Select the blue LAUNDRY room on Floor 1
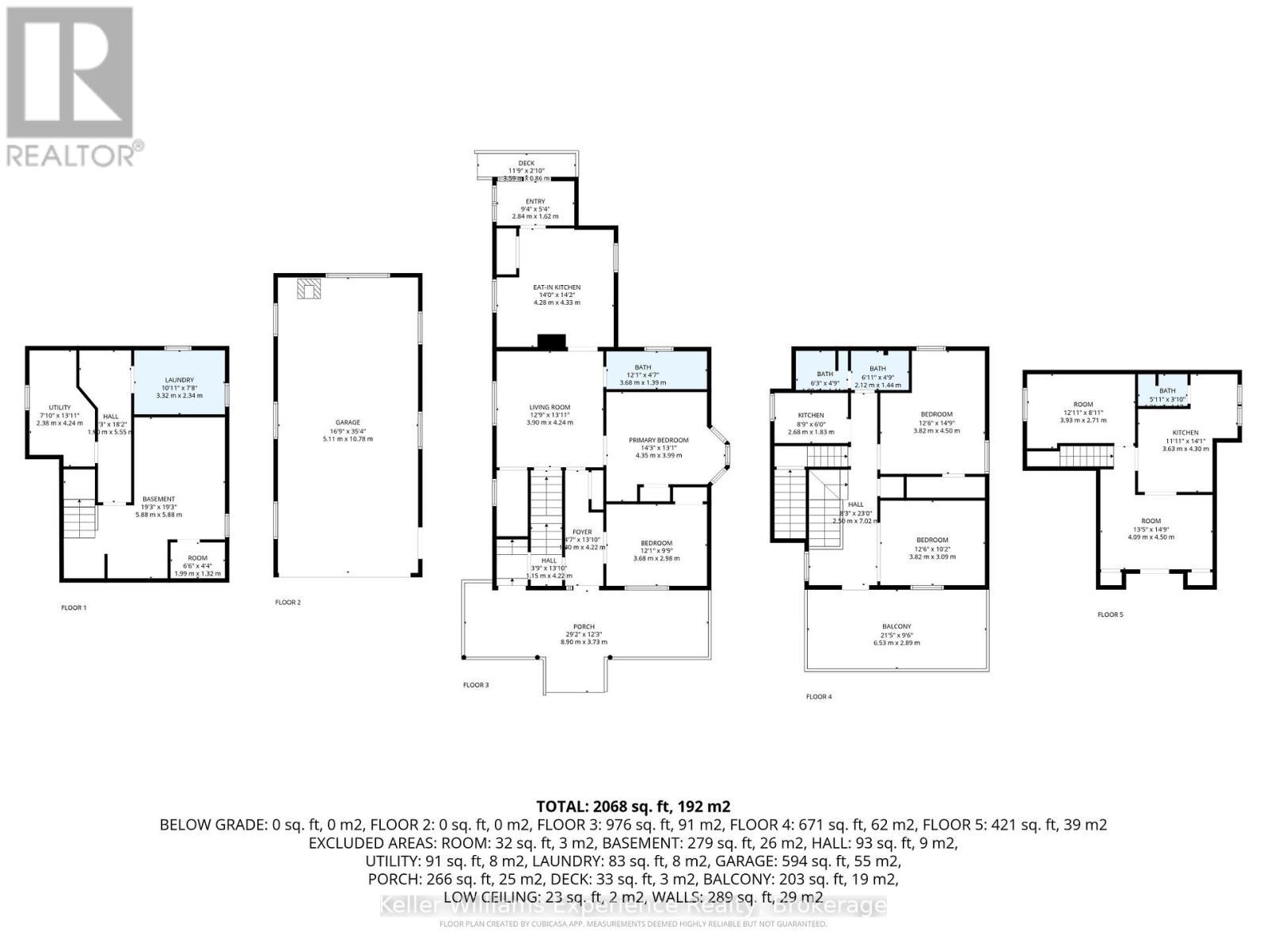tap(180, 383)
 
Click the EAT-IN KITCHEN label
tap(557, 287)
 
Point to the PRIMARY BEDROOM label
tap(658, 440)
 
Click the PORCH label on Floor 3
tap(584, 627)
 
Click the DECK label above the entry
tap(527, 163)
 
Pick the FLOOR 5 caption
tap(1109, 614)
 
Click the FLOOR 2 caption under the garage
tap(287, 602)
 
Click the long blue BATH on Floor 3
tap(656, 370)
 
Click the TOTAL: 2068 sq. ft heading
tap(633, 807)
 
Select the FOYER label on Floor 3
tap(582, 532)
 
